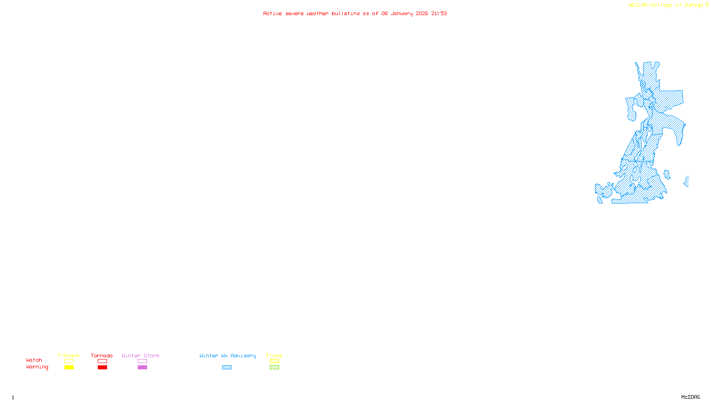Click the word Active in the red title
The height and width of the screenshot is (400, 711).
[272, 13]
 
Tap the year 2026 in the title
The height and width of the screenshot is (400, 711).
[422, 13]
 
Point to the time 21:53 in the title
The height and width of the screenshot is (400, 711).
[439, 13]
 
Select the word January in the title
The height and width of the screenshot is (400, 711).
[401, 13]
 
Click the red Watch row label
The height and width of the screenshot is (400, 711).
[34, 360]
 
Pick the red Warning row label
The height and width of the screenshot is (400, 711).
[37, 367]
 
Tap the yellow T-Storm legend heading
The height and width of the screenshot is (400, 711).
[68, 356]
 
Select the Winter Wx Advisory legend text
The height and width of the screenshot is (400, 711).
[228, 356]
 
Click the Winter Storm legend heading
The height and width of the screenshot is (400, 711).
[140, 356]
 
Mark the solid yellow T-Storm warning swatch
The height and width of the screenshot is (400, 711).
[69, 368]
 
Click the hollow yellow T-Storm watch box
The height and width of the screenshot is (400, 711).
[69, 361]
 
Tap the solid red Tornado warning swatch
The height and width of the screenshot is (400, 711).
[102, 368]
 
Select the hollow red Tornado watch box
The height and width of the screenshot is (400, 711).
[102, 361]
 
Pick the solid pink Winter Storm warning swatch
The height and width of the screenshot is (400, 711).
[142, 368]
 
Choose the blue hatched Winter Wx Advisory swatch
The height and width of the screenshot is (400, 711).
[227, 368]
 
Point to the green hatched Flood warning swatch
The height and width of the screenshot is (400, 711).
[274, 368]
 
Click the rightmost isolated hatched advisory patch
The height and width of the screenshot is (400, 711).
[687, 181]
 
